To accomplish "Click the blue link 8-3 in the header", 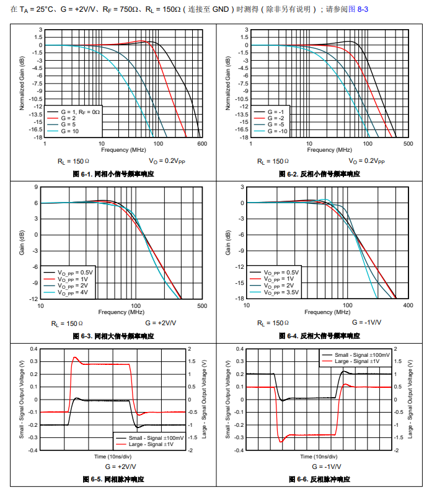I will pyautogui.click(x=360, y=11).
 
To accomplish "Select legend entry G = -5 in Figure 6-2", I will pyautogui.click(x=276, y=125).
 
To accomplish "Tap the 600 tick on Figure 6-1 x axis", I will pyautogui.click(x=201, y=144).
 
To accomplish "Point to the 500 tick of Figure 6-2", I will pyautogui.click(x=408, y=144).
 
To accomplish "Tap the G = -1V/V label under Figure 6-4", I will pyautogui.click(x=367, y=323).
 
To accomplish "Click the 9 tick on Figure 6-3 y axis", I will pyautogui.click(x=36, y=187).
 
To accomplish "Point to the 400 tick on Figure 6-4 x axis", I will pyautogui.click(x=408, y=305).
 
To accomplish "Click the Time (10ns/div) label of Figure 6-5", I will pyautogui.click(x=112, y=456).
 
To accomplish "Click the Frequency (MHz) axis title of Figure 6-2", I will pyautogui.click(x=320, y=150).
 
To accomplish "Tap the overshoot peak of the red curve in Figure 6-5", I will pyautogui.click(x=76, y=357).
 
